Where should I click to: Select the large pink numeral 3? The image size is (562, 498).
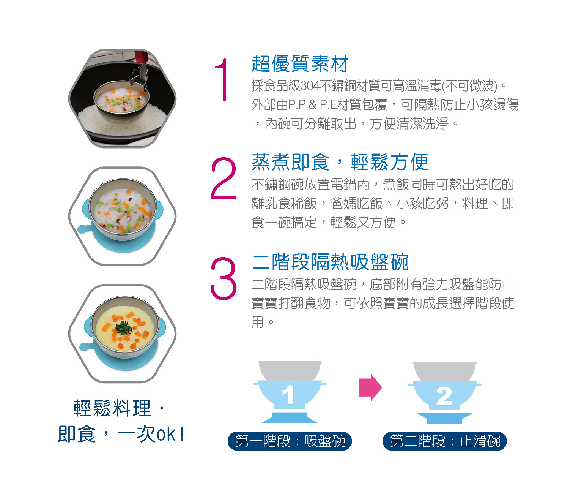click(x=224, y=278)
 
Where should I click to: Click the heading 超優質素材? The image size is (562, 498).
click(x=300, y=63)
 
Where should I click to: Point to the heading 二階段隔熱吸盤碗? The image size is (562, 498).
click(x=330, y=262)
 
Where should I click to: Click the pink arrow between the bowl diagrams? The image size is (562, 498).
click(x=370, y=387)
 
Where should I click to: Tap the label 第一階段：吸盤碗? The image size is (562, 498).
click(x=290, y=441)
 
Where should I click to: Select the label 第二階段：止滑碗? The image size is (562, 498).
click(x=444, y=441)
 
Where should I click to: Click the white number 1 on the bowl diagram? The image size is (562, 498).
click(x=288, y=396)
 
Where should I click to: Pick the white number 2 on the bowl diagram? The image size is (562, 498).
click(x=444, y=397)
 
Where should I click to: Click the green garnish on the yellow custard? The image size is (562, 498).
click(x=124, y=326)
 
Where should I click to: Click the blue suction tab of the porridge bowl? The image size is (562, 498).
click(x=83, y=229)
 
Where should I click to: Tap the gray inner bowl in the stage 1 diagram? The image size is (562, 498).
click(x=290, y=370)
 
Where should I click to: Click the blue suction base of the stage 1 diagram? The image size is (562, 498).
click(x=290, y=417)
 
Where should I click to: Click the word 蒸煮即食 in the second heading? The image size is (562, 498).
click(x=290, y=162)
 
